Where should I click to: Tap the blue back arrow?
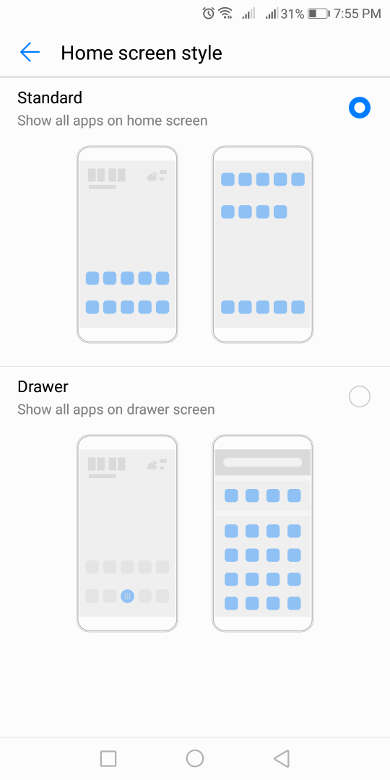coord(30,52)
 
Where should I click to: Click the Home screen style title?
coord(142,53)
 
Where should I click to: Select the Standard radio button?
coord(360,108)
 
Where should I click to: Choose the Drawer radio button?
coord(360,396)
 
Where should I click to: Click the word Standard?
coord(50,97)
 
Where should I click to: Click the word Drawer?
coord(43,386)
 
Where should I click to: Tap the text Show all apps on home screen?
coord(113,121)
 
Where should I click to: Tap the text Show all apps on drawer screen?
coord(116,409)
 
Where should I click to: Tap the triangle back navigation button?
coord(282,758)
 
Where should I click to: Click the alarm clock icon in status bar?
coord(208,14)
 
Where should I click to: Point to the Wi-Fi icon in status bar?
coord(225,14)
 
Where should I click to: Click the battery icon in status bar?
coord(318,14)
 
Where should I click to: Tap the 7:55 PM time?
coord(357,14)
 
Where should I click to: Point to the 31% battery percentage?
coord(292,14)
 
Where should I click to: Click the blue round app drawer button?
coord(127,596)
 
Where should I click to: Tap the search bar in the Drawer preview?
coord(263,462)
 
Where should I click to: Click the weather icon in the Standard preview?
coord(152,175)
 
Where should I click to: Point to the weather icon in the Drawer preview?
coord(152,464)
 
